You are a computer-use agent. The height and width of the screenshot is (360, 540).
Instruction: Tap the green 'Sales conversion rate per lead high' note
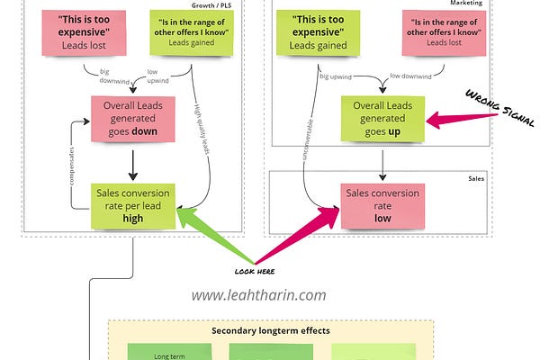[133, 205]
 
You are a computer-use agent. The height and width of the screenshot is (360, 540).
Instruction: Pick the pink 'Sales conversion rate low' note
[383, 210]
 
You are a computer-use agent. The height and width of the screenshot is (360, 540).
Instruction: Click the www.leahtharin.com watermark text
[258, 294]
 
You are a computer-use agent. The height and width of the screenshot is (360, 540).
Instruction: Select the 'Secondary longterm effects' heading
[270, 330]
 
